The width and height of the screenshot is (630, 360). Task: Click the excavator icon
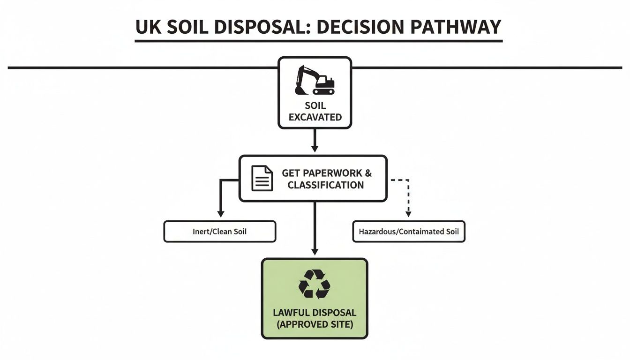315,80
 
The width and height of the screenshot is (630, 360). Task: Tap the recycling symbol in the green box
315,284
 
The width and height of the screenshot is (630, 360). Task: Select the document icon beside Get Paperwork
262,178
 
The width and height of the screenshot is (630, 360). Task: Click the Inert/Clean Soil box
219,232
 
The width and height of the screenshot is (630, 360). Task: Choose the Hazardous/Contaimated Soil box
408,232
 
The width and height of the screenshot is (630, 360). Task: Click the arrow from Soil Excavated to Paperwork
315,141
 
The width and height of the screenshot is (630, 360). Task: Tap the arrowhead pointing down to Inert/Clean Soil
219,213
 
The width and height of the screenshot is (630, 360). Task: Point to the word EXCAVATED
315,117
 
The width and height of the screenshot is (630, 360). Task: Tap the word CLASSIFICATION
326,185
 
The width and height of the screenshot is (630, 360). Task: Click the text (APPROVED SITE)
315,324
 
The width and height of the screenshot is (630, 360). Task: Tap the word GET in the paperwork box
290,173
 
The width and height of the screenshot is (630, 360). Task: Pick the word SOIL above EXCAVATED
315,106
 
